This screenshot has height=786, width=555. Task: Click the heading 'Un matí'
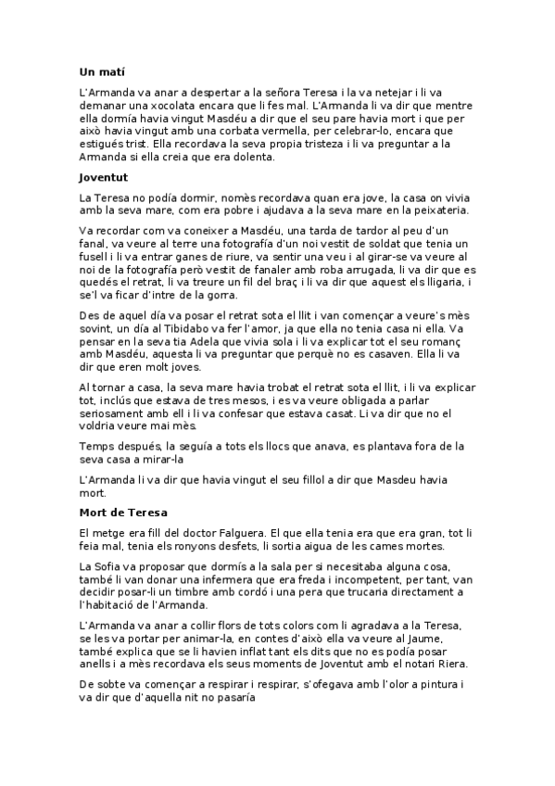click(x=102, y=71)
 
